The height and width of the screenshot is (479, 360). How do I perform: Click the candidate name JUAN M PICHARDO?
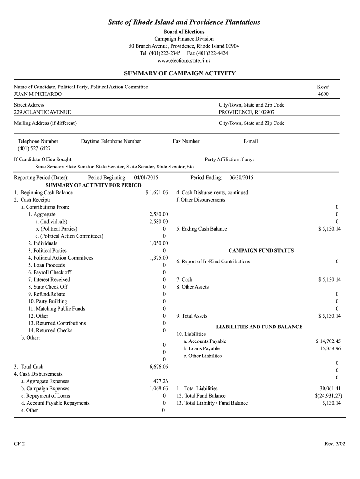pyautogui.click(x=38, y=94)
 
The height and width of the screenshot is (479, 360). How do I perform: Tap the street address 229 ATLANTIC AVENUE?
pyautogui.click(x=43, y=112)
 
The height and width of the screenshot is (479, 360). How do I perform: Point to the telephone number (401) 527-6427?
pyautogui.click(x=34, y=148)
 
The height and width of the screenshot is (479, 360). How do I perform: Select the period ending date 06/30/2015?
pyautogui.click(x=241, y=178)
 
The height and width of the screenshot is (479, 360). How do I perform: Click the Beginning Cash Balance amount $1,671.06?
pyautogui.click(x=157, y=193)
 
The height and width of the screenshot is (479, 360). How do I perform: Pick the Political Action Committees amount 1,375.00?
pyautogui.click(x=158, y=258)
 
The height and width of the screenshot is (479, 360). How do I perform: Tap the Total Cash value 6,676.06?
pyautogui.click(x=158, y=367)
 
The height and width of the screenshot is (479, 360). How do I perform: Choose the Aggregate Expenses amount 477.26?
pyautogui.click(x=160, y=381)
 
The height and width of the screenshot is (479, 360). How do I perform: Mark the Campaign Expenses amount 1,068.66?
pyautogui.click(x=158, y=389)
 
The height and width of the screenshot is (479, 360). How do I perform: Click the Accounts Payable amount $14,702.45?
pyautogui.click(x=328, y=341)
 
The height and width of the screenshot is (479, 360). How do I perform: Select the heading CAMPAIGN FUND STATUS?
pyautogui.click(x=261, y=251)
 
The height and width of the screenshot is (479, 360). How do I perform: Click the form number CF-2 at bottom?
pyautogui.click(x=20, y=443)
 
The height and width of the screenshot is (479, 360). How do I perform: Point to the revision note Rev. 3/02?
pyautogui.click(x=333, y=443)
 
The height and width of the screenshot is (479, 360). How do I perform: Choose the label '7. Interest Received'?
pyautogui.click(x=49, y=280)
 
